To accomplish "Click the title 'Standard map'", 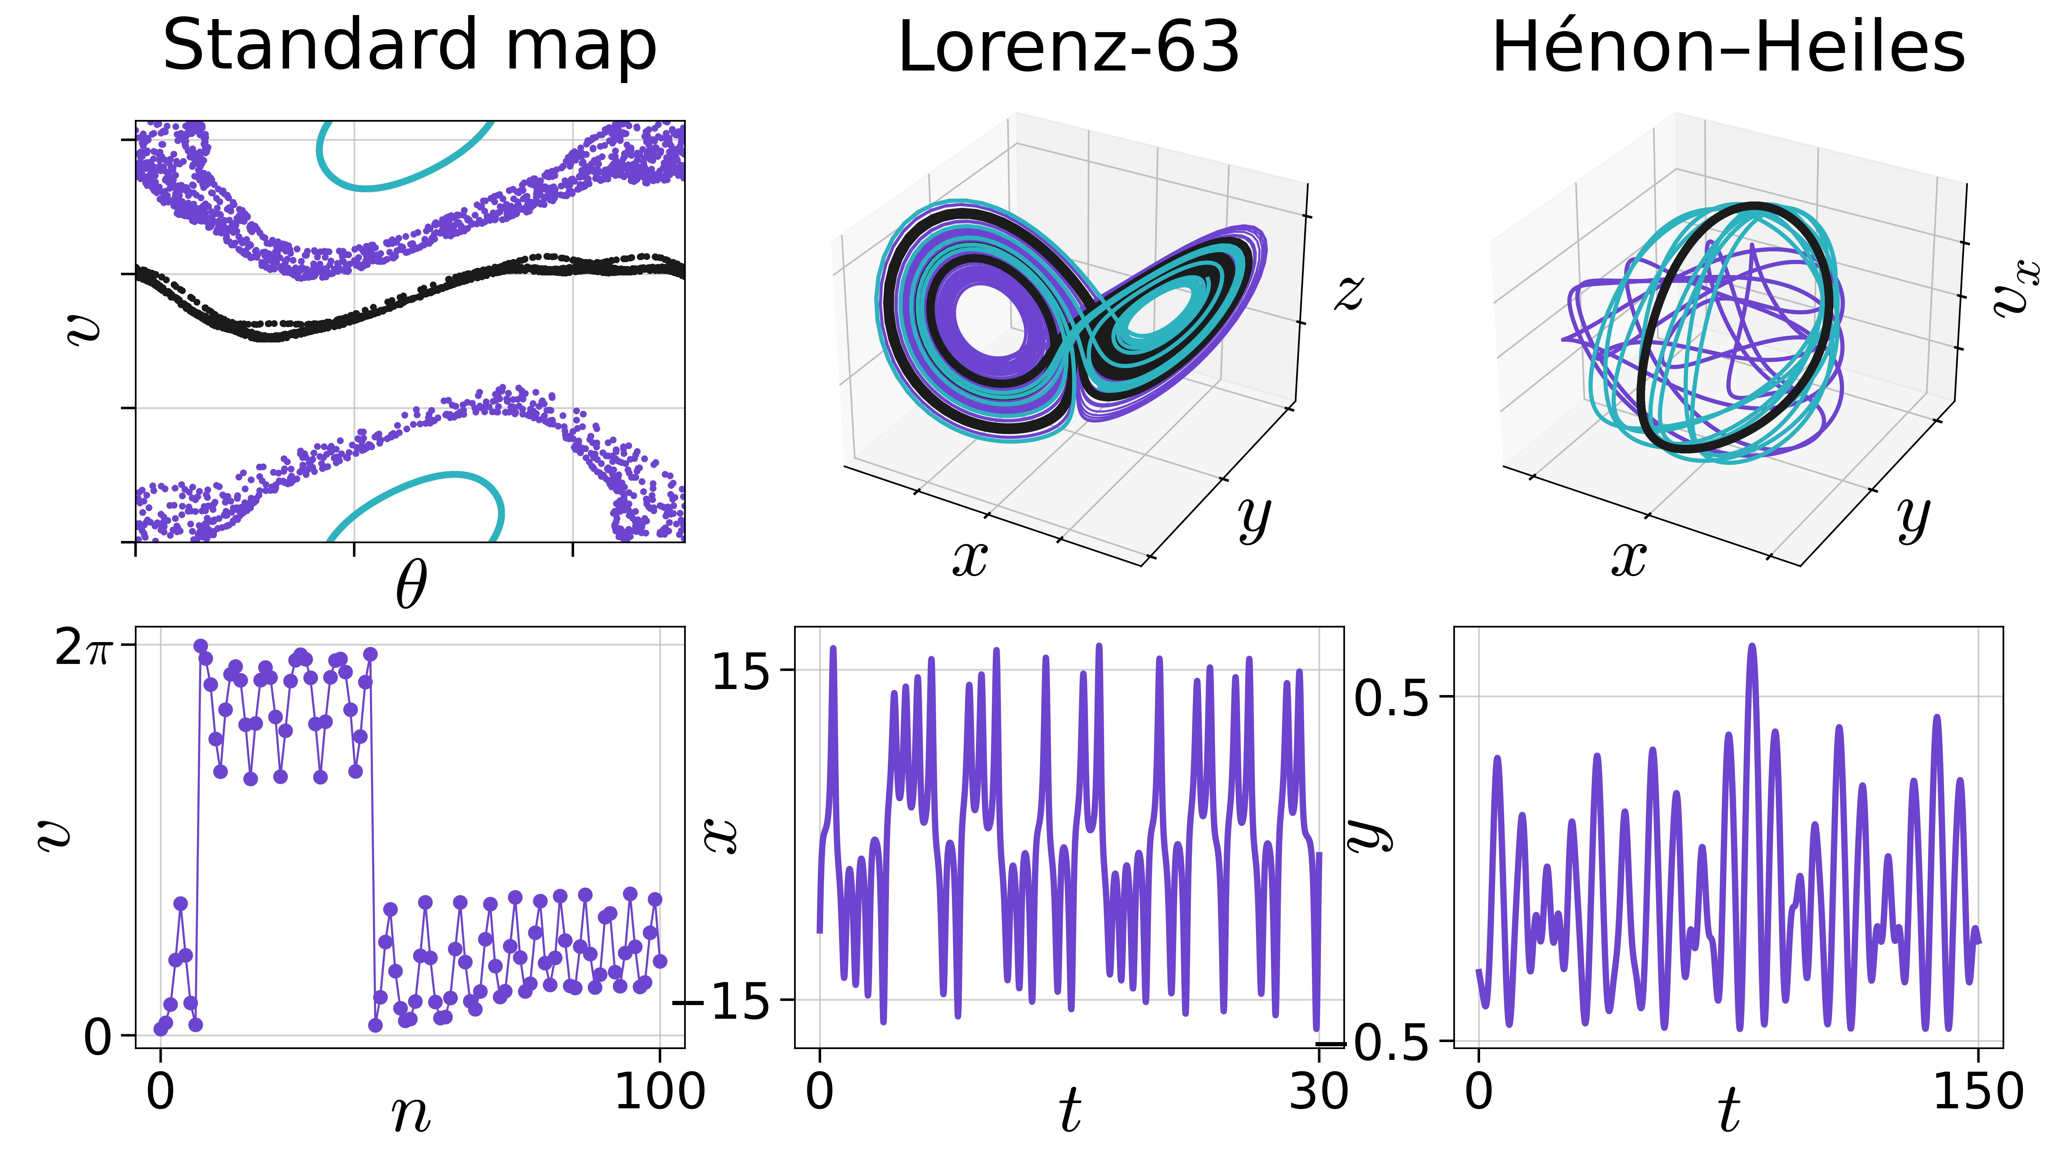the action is coord(410,46).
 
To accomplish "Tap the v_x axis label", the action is coord(2017,288).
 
